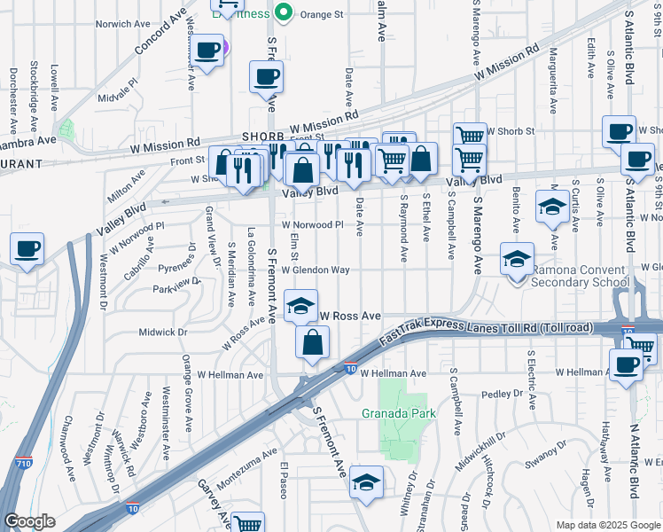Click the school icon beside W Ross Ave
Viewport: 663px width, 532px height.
pos(301,306)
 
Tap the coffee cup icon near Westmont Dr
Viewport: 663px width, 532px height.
pos(27,248)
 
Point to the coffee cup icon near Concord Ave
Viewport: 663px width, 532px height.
pos(207,52)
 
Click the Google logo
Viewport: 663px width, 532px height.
pos(30,521)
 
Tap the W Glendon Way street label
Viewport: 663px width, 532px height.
pos(316,270)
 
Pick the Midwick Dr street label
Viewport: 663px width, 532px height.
pos(163,332)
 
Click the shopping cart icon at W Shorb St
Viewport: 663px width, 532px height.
pos(470,136)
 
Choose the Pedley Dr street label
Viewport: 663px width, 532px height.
pos(503,394)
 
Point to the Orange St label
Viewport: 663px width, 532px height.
pos(320,14)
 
